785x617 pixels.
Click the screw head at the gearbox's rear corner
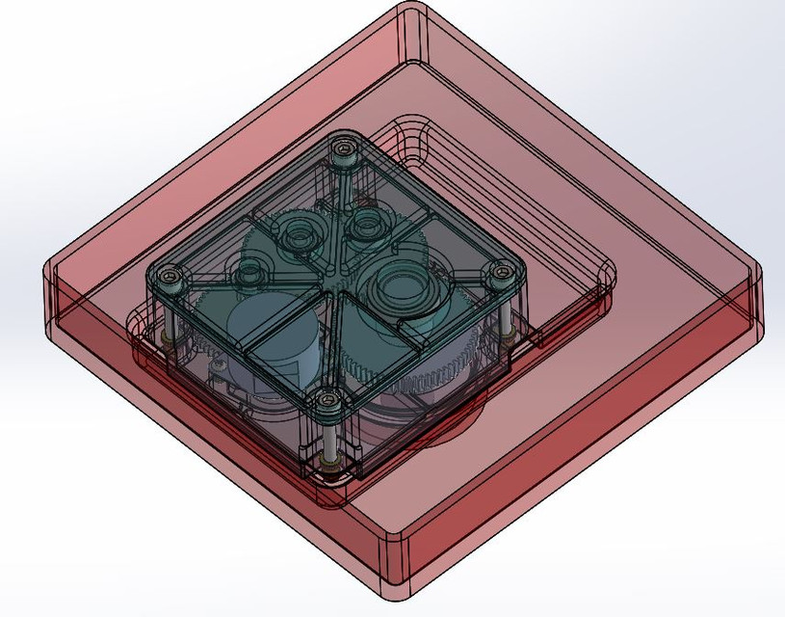(344, 149)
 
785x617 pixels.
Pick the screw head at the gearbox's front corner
(327, 399)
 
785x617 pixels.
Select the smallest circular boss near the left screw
(252, 272)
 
